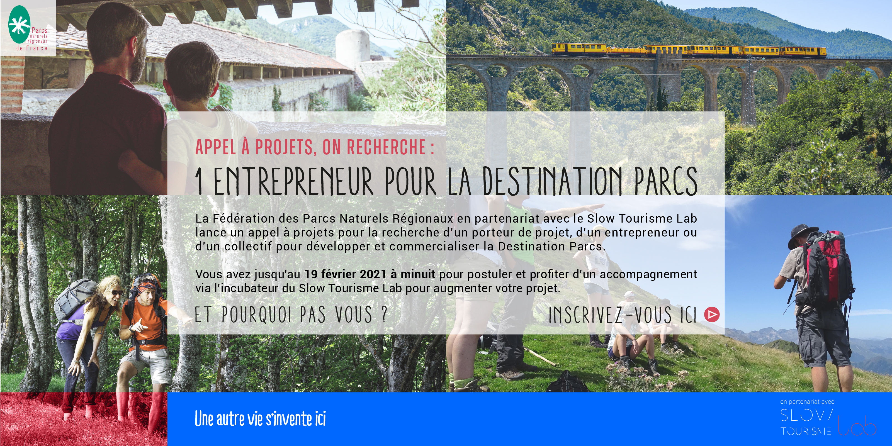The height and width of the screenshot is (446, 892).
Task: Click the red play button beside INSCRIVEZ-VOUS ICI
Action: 712,315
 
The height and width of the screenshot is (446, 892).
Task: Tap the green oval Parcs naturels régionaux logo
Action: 20,24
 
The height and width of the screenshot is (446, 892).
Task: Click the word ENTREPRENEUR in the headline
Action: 293,181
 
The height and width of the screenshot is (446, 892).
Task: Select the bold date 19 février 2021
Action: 345,274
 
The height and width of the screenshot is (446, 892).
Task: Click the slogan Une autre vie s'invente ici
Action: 260,418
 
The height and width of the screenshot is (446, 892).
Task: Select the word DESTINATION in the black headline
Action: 552,181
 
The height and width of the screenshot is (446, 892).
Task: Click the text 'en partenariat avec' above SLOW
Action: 807,402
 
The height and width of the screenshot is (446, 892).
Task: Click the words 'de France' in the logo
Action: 32,48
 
